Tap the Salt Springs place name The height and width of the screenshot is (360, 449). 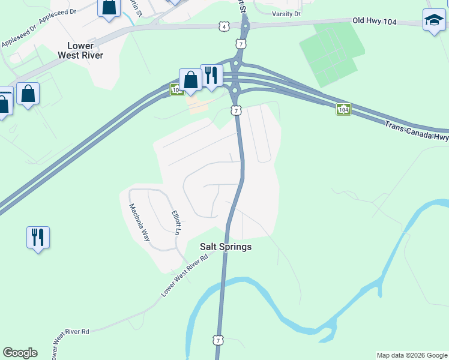coord(226,247)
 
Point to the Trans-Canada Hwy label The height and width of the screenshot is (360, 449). coord(416,131)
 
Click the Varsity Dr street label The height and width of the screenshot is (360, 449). coord(286,14)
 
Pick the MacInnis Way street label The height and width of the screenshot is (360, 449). coord(139,222)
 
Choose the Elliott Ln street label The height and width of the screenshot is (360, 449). coord(176,222)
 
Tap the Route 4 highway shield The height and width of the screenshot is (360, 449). coord(224,26)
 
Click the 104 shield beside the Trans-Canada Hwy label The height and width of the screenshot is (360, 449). coord(343,110)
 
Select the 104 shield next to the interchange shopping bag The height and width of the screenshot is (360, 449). coord(176,90)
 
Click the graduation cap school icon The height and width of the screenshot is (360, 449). coord(434,21)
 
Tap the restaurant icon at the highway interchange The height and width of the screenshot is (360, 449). coord(211,76)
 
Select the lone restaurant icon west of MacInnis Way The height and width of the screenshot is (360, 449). coord(38,238)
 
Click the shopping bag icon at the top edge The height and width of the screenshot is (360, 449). coord(109,8)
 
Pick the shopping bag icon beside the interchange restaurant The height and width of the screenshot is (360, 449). coord(190,80)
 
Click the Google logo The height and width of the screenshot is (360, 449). coord(20,353)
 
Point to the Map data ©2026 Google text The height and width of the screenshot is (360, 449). coord(412,355)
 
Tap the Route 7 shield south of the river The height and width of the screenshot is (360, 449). coord(217,340)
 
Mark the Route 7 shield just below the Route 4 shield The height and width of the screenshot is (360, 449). coord(241,44)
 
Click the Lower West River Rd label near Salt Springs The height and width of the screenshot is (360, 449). coord(185,274)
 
